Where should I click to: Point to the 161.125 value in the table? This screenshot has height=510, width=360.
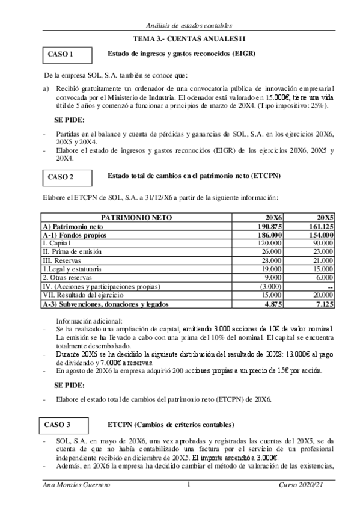click(x=322, y=226)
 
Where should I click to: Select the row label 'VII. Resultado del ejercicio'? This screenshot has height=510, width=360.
click(x=82, y=296)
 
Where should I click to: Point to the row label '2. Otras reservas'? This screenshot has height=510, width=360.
click(x=68, y=278)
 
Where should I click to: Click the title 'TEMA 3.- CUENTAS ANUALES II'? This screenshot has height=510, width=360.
click(x=180, y=38)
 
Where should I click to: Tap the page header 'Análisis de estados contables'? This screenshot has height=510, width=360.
click(x=180, y=24)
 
